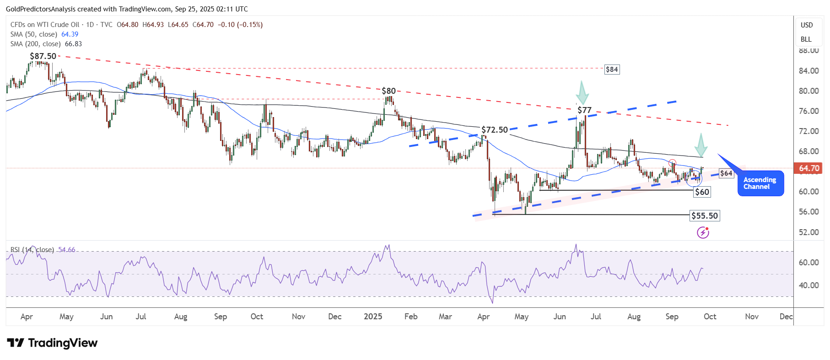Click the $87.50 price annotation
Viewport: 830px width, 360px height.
(43, 56)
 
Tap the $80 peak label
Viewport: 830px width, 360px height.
(388, 91)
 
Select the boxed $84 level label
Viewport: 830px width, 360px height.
(612, 70)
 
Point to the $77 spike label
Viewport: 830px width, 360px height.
(584, 110)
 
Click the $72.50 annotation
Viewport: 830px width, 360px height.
(494, 130)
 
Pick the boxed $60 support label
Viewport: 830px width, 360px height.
(702, 192)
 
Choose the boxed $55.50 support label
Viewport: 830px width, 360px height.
(705, 216)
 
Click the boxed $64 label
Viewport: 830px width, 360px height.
(726, 173)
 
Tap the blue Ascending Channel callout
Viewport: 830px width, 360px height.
(760, 183)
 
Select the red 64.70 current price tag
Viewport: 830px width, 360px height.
(809, 168)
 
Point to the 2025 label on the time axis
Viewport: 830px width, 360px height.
(373, 317)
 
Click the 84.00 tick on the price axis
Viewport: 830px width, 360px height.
(808, 71)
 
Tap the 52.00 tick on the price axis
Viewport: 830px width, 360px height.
(808, 232)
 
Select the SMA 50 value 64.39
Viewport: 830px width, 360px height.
(70, 34)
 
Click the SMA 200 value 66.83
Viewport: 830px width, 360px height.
(73, 44)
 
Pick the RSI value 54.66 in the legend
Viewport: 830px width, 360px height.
(67, 250)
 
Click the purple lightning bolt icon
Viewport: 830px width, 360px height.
(703, 233)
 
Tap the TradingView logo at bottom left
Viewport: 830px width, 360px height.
(52, 343)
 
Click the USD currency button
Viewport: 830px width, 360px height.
(807, 25)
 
